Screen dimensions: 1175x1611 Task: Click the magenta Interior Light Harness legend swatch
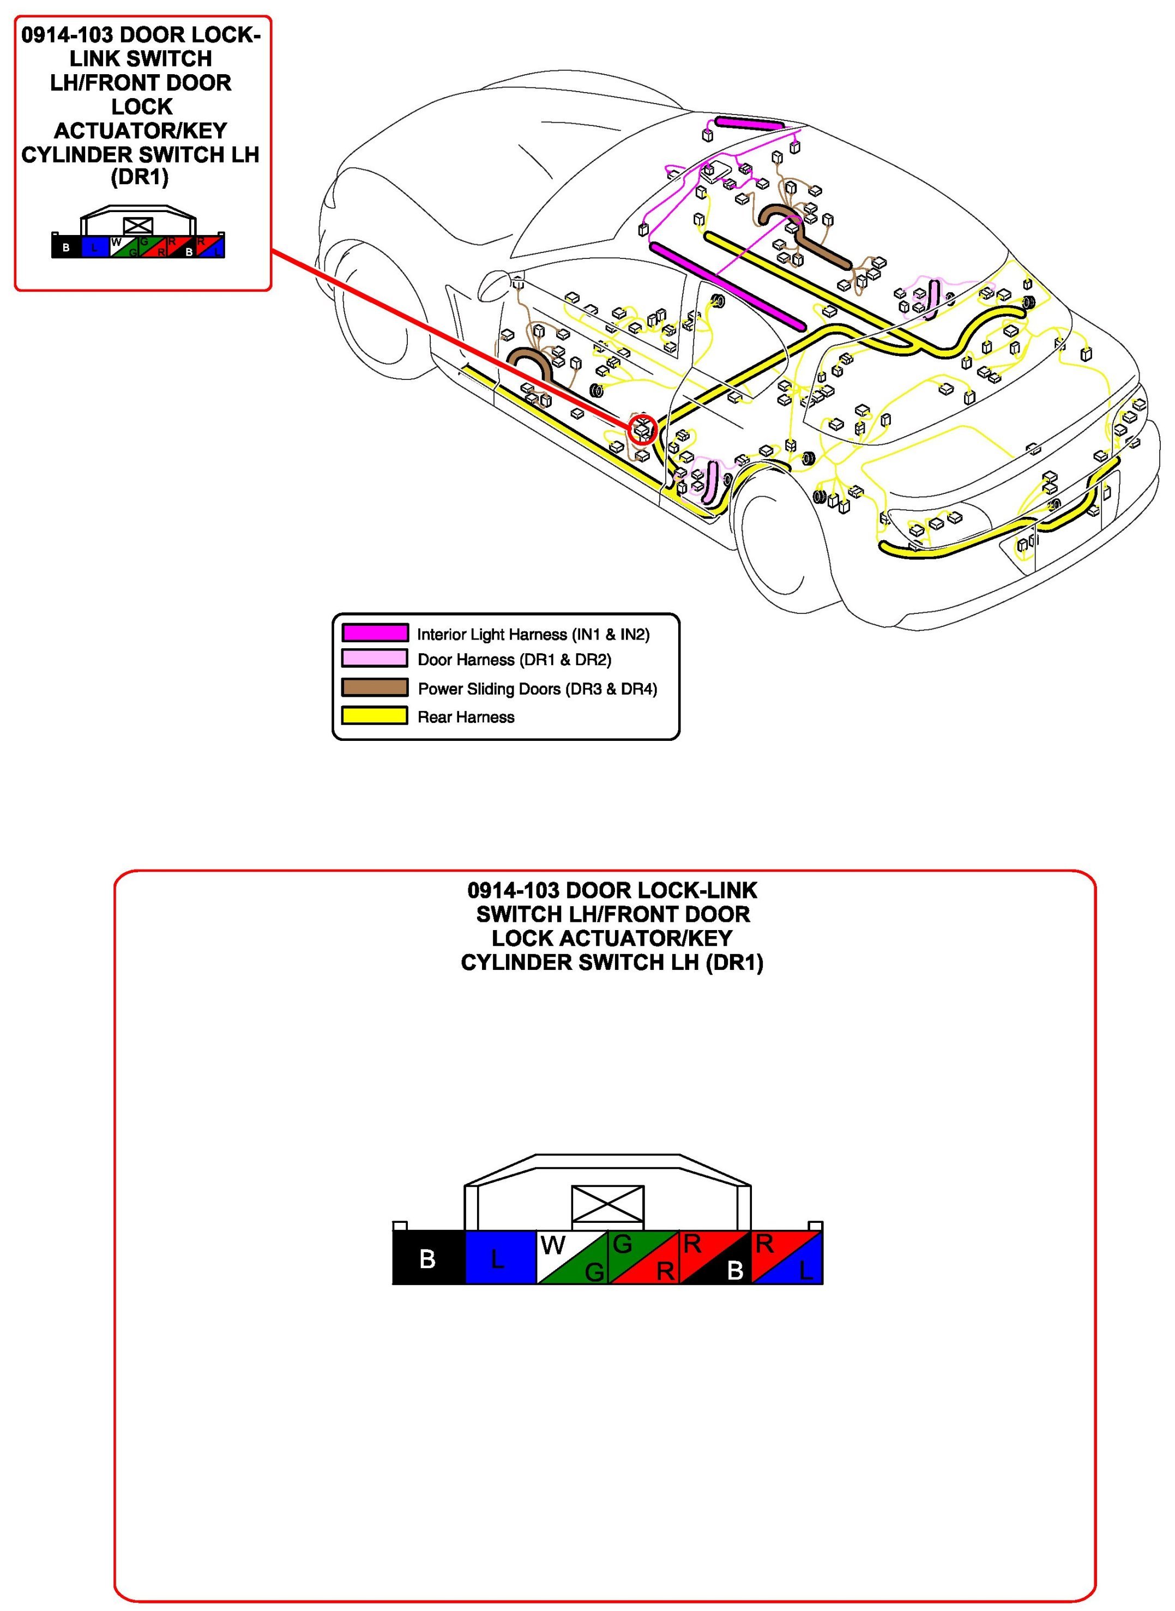point(375,632)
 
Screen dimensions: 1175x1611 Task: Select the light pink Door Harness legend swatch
point(375,658)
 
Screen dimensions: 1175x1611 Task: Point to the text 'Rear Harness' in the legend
point(466,717)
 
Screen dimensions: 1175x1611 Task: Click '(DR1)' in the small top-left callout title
point(140,177)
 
